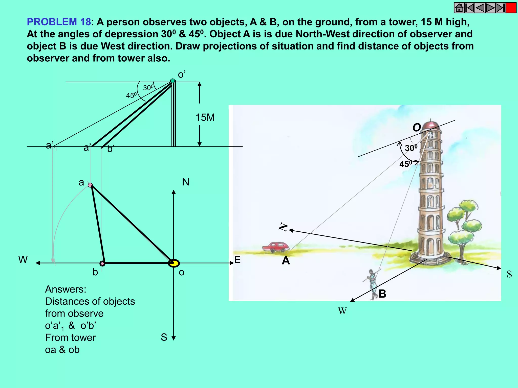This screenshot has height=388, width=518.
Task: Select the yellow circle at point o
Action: click(x=174, y=263)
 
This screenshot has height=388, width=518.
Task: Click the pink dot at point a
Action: click(x=90, y=185)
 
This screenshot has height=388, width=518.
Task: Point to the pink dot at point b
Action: click(x=102, y=263)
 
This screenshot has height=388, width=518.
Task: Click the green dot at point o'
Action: click(x=172, y=81)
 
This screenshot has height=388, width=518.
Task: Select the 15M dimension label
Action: click(x=205, y=117)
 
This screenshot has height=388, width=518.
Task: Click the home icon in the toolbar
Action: click(x=459, y=8)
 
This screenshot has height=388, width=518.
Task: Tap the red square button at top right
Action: click(x=511, y=8)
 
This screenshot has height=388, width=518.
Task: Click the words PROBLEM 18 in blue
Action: click(x=59, y=22)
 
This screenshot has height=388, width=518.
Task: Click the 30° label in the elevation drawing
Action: click(x=148, y=88)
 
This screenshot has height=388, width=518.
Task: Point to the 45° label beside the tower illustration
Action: click(x=405, y=164)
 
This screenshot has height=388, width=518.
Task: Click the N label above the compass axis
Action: click(x=186, y=182)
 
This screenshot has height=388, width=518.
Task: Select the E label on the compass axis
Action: click(x=237, y=260)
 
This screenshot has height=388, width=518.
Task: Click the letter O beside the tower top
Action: click(x=417, y=128)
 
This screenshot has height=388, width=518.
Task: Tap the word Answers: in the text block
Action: click(x=66, y=289)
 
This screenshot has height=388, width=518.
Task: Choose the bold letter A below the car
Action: click(x=286, y=260)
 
